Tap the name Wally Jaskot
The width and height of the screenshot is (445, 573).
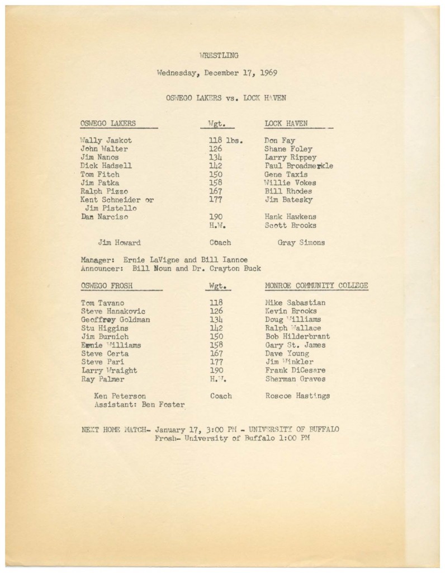pos(106,140)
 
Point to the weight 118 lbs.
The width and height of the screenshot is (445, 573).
pos(225,140)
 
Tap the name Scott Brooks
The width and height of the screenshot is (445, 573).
pos(290,226)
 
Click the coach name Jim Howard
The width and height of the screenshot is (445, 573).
pos(119,243)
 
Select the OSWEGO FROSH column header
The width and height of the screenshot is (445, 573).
pos(107,286)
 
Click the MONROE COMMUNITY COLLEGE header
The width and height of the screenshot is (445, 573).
pos(316,286)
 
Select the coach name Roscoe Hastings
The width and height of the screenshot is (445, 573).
pos(297,396)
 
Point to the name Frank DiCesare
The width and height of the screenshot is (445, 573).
pos(295,371)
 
